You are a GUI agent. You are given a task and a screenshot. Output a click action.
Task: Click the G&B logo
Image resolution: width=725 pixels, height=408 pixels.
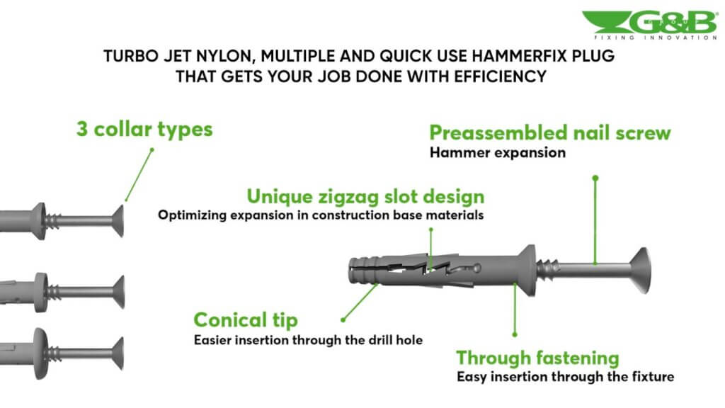(x=650, y=25)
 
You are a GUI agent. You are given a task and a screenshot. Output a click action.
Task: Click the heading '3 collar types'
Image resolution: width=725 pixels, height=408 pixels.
(x=144, y=130)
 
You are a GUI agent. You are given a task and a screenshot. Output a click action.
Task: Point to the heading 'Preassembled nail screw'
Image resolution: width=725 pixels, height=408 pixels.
(x=549, y=132)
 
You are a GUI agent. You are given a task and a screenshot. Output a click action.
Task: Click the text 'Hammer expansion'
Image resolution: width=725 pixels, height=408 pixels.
(x=498, y=153)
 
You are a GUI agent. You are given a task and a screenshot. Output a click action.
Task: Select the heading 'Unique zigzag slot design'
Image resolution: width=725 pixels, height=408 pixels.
(x=365, y=197)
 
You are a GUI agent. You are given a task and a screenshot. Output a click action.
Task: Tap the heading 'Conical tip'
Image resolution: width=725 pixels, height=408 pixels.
(x=246, y=320)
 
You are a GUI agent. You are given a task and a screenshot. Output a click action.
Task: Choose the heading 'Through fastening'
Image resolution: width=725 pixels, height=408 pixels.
(x=537, y=358)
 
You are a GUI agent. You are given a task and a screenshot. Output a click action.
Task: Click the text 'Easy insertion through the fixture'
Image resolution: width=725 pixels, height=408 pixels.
(x=565, y=377)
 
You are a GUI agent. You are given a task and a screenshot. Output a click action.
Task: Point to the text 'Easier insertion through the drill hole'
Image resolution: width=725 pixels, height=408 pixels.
(x=308, y=340)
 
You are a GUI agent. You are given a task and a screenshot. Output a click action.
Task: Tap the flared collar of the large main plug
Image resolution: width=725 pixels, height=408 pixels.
(x=526, y=270)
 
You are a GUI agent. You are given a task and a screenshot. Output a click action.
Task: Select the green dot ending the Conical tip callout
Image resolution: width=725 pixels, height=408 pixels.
(x=343, y=319)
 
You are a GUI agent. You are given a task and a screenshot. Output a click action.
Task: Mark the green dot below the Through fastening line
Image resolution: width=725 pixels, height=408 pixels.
(x=515, y=334)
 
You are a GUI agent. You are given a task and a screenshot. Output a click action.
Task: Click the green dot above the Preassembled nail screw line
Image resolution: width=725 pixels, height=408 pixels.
(x=595, y=178)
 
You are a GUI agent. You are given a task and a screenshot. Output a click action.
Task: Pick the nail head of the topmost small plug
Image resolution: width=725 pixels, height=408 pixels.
(x=118, y=221)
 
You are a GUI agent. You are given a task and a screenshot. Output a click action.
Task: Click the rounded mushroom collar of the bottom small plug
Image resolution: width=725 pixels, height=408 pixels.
(x=40, y=353)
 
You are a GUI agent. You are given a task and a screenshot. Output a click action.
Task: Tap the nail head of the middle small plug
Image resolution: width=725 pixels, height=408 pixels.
(x=119, y=292)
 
